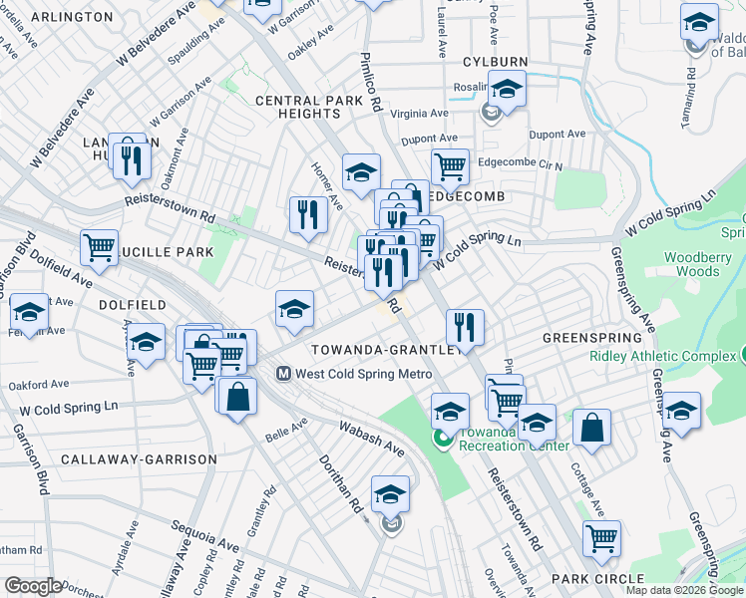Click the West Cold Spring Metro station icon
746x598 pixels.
[283, 374]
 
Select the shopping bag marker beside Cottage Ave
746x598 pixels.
[591, 427]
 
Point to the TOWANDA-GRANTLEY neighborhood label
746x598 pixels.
[387, 350]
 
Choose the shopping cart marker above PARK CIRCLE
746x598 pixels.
[602, 537]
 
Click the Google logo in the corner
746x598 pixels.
[33, 586]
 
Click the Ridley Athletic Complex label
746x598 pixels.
[662, 356]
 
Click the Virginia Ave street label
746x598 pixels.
[419, 114]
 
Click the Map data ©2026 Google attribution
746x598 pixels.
[684, 590]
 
